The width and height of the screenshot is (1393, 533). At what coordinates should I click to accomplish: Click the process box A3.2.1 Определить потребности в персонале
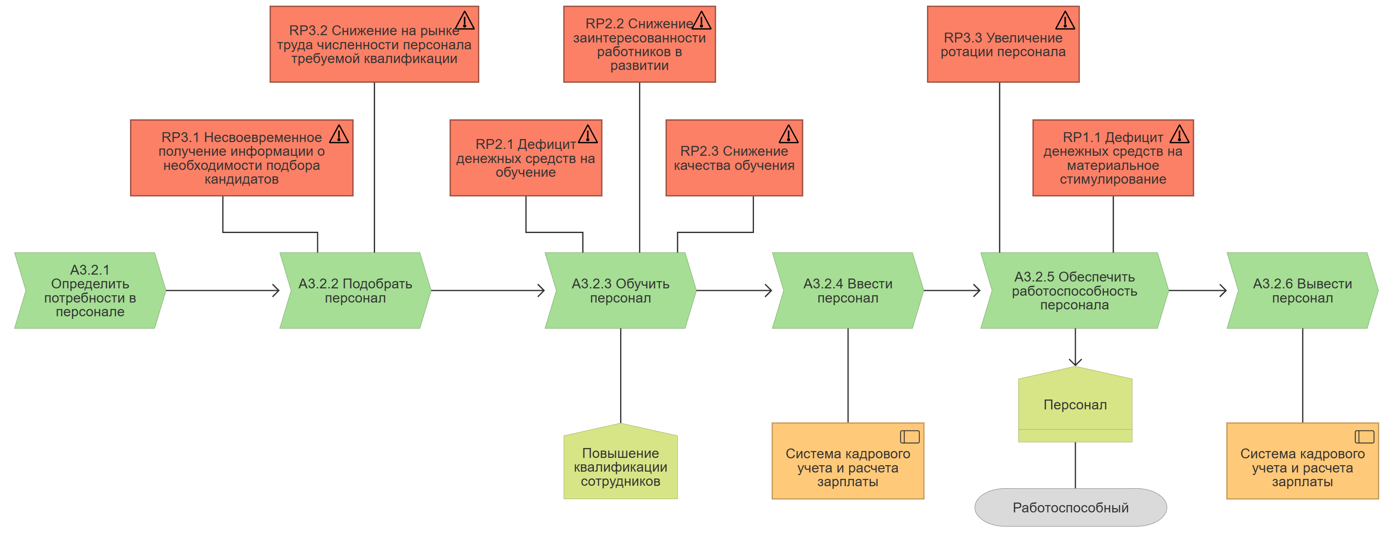(x=90, y=291)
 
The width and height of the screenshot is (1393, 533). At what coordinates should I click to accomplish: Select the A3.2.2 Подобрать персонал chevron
(x=355, y=291)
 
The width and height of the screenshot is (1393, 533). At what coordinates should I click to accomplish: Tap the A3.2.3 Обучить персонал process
(x=620, y=291)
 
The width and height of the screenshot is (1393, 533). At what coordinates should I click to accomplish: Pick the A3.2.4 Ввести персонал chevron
(x=848, y=291)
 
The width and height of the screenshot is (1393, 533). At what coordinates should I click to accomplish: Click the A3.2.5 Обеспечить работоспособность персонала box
(x=1074, y=291)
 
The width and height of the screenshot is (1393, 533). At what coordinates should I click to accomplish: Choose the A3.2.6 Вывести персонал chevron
(x=1302, y=291)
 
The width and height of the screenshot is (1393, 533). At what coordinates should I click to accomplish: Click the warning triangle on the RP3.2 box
(x=464, y=21)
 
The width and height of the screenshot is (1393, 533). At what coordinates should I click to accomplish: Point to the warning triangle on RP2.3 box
(x=788, y=134)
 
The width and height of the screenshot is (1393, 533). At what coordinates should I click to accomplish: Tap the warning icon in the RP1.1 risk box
(x=1179, y=134)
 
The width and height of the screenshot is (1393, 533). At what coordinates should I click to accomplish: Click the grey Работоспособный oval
(x=1070, y=508)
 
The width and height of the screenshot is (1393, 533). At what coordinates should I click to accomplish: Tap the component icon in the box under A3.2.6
(x=1364, y=436)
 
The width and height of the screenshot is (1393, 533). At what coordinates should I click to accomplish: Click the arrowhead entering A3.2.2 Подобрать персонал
(x=276, y=291)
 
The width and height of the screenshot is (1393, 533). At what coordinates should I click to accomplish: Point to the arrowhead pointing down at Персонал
(x=1075, y=362)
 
